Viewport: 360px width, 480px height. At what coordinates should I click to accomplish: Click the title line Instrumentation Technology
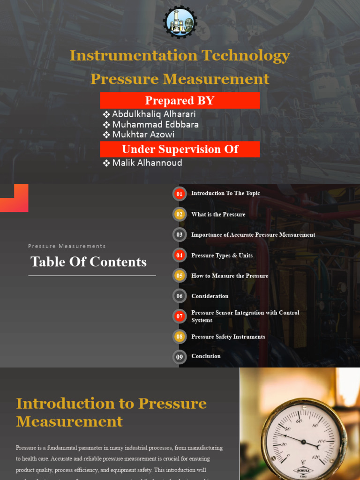pos(180,56)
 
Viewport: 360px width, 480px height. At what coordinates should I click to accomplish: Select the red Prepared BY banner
pos(180,100)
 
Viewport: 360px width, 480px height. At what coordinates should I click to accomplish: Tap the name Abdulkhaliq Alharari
pos(154,114)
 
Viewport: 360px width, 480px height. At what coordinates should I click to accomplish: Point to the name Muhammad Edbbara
pos(155,124)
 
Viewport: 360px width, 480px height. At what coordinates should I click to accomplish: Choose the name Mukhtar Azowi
pos(143,135)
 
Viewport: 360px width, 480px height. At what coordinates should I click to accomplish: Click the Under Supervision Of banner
pos(180,149)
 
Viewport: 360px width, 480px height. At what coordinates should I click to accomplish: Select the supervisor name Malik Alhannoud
pos(147,163)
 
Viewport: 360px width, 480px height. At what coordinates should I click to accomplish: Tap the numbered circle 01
pos(180,194)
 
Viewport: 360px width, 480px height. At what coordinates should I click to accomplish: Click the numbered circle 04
pos(180,255)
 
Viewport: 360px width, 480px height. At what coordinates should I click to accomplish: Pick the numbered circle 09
pos(180,357)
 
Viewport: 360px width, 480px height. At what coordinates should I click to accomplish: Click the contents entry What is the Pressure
pos(218,214)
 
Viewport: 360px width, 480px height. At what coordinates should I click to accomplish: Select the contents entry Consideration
pos(210,296)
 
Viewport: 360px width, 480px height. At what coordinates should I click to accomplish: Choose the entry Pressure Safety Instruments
pos(228,337)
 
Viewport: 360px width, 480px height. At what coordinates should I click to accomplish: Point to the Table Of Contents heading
pos(89,262)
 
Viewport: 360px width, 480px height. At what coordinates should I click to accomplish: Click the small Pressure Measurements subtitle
pos(67,246)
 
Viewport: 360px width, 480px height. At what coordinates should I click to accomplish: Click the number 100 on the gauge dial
pos(321,442)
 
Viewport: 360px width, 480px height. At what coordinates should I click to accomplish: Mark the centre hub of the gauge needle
pos(303,442)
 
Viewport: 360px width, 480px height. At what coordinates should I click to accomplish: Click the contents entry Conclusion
pos(206,356)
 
